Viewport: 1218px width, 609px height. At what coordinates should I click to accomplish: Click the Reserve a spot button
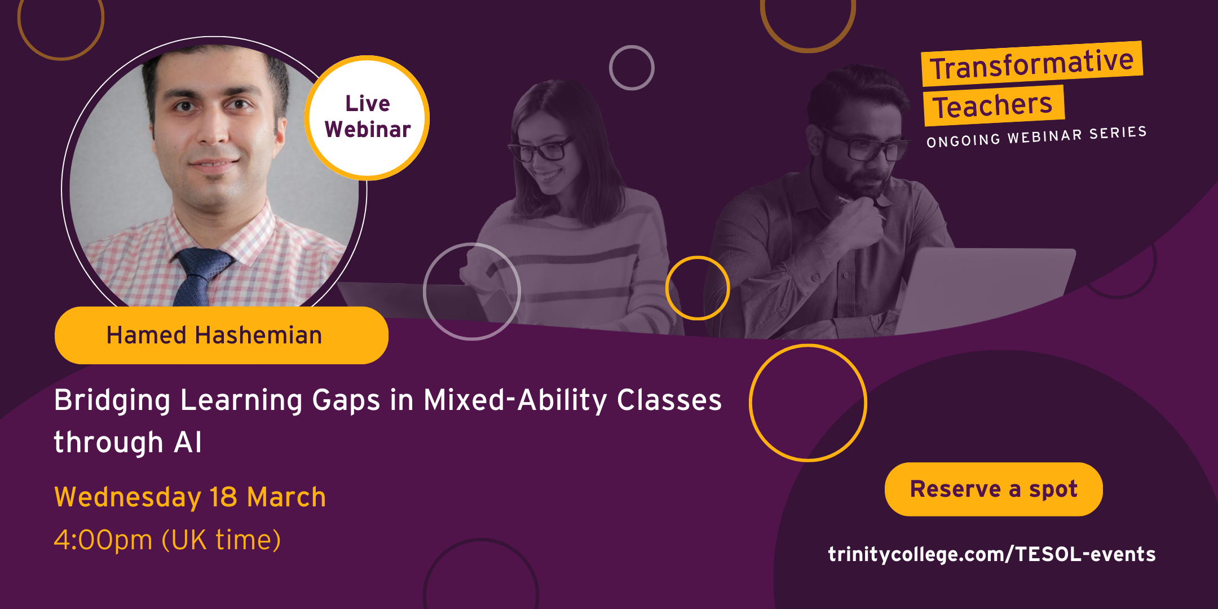[x=994, y=489]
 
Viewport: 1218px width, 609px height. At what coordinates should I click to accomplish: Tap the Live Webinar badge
[x=367, y=118]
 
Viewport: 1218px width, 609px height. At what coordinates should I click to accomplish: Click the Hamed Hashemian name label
[x=221, y=335]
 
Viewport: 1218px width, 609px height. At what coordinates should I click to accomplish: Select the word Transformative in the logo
[x=1032, y=64]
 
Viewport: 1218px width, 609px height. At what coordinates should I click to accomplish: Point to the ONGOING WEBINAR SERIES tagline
[x=1036, y=137]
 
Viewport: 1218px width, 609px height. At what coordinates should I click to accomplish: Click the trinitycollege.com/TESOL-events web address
[x=992, y=554]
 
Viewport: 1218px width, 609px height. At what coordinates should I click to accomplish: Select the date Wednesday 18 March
[x=190, y=497]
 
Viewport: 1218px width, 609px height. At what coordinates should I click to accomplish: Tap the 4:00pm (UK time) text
[x=167, y=540]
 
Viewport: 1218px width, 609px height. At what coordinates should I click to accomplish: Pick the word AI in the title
[x=188, y=442]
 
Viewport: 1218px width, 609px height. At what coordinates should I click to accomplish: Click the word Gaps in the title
[x=346, y=401]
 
